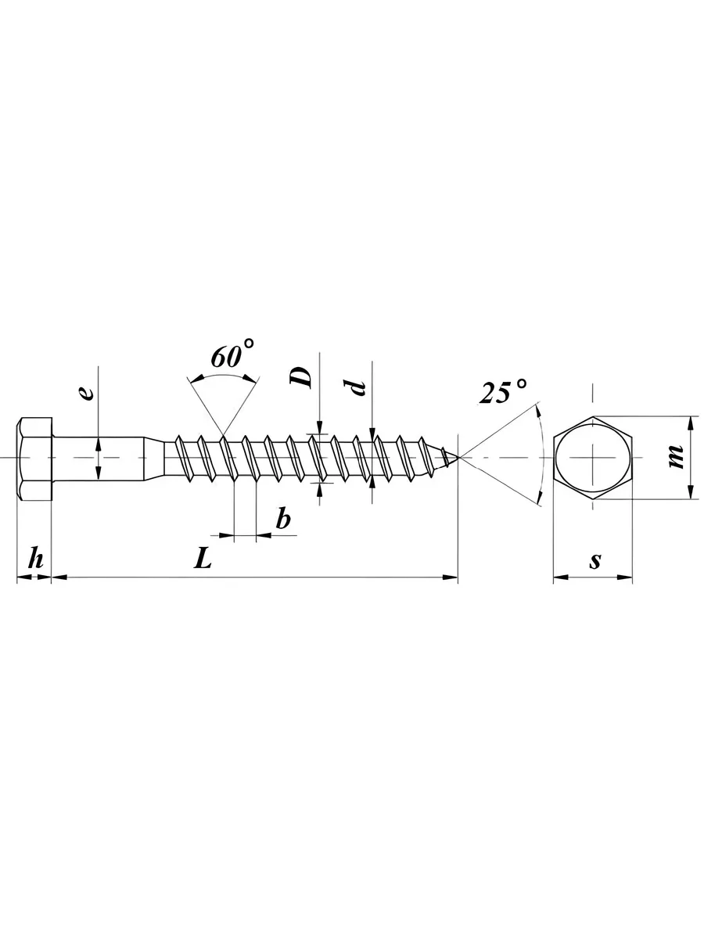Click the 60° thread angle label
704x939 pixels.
click(233, 353)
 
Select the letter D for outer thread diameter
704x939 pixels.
click(301, 377)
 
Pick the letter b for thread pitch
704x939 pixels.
click(282, 519)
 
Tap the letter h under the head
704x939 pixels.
click(36, 558)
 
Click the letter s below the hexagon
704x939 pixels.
click(595, 561)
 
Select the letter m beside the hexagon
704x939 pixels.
click(675, 456)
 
